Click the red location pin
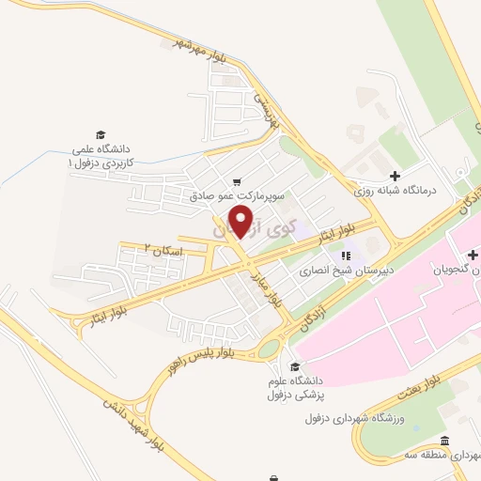(243, 221)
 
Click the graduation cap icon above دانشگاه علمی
(101, 135)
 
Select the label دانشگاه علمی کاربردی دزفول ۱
(102, 156)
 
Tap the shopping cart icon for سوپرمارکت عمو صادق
(237, 182)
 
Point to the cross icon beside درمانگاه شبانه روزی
(395, 176)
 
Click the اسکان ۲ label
(161, 250)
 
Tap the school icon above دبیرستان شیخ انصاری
(345, 255)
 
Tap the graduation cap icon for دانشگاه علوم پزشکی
(296, 366)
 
